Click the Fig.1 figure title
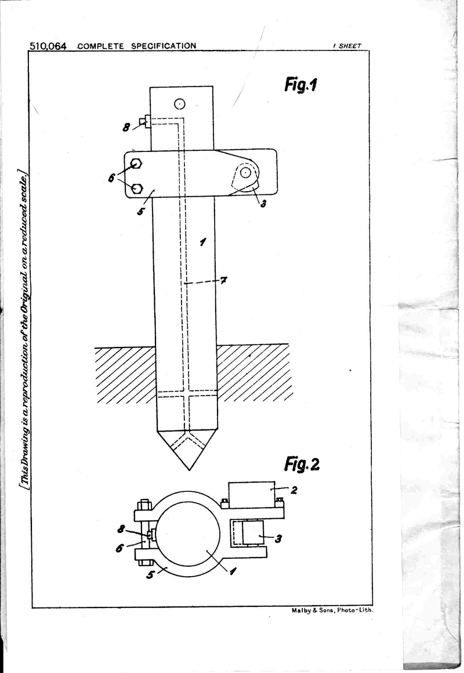pyautogui.click(x=300, y=84)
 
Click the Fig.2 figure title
pyautogui.click(x=302, y=464)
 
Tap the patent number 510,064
pyautogui.click(x=48, y=46)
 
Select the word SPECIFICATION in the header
pyautogui.click(x=164, y=46)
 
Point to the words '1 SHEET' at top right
pyautogui.click(x=347, y=46)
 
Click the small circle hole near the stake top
pyautogui.click(x=179, y=104)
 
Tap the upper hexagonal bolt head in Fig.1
pyautogui.click(x=136, y=164)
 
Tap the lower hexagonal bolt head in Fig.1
pyautogui.click(x=136, y=188)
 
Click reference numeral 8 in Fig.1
pyautogui.click(x=126, y=127)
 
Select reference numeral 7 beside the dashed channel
pyautogui.click(x=223, y=281)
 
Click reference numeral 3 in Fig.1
pyautogui.click(x=263, y=204)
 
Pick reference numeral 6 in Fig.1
pyautogui.click(x=112, y=177)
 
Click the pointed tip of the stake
pyautogui.click(x=189, y=470)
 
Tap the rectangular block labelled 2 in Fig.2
pyautogui.click(x=252, y=495)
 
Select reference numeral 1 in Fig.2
pyautogui.click(x=232, y=571)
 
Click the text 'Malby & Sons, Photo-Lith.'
pyautogui.click(x=332, y=610)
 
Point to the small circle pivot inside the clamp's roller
pyautogui.click(x=245, y=172)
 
